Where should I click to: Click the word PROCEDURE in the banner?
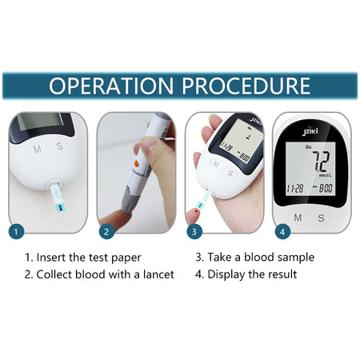click(x=246, y=86)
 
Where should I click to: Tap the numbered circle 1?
click(x=16, y=231)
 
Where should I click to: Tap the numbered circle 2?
click(x=106, y=231)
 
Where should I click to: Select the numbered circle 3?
click(x=194, y=231)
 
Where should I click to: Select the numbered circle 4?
click(x=282, y=231)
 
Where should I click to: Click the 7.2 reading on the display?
click(x=322, y=162)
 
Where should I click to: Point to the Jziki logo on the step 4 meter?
click(x=310, y=131)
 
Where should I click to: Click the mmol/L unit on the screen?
click(x=326, y=175)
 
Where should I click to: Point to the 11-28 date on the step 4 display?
click(x=295, y=189)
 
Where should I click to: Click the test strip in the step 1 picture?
click(x=58, y=198)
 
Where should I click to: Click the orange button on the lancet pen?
click(x=137, y=163)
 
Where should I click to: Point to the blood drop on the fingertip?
click(x=197, y=211)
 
